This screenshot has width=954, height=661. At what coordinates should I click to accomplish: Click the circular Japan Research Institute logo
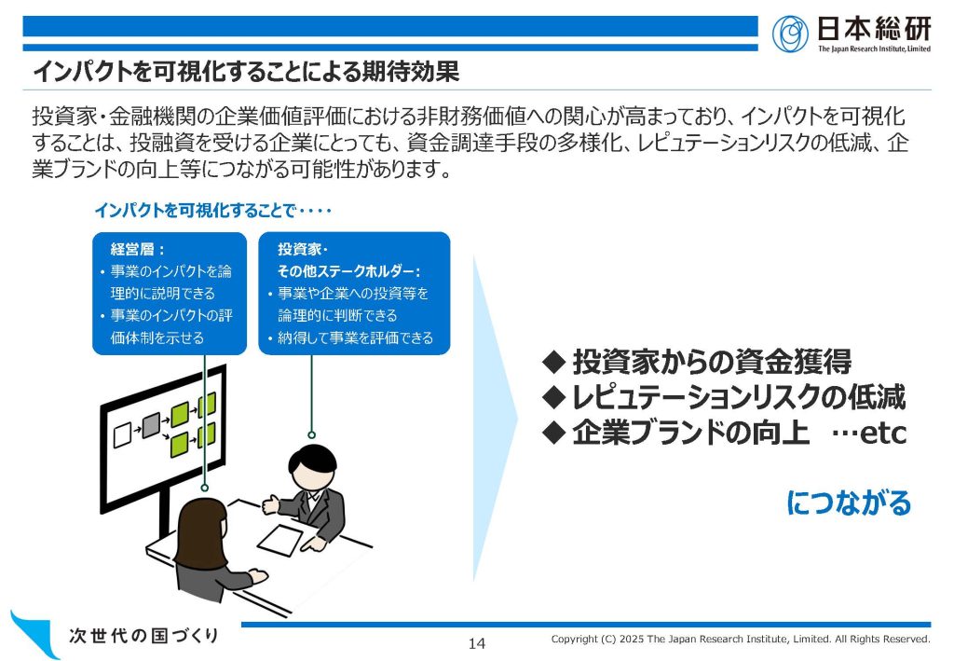(x=790, y=34)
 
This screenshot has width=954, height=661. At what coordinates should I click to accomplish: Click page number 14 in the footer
(x=477, y=643)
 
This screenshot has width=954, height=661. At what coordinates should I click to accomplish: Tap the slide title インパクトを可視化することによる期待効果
(x=246, y=71)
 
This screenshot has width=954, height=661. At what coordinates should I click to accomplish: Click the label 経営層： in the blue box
(x=138, y=249)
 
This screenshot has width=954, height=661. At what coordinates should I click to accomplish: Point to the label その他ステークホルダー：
(x=348, y=271)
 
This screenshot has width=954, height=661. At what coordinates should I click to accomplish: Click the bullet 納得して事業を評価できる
(x=355, y=337)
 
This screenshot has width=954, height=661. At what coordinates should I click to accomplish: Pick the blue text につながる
(x=848, y=503)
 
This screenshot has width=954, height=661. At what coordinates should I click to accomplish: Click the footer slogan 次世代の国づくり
(x=143, y=636)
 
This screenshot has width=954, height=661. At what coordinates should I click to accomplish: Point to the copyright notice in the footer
(x=741, y=639)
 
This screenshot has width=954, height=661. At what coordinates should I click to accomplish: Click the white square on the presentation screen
(x=122, y=435)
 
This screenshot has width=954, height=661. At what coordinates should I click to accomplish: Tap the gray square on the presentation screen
(x=151, y=425)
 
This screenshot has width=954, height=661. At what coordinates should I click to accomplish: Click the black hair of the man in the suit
(x=312, y=457)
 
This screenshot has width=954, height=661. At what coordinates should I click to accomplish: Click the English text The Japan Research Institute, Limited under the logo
(x=874, y=48)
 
